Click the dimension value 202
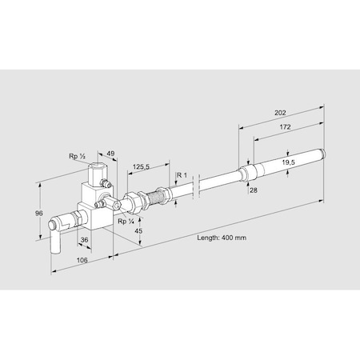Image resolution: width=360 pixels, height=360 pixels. pos(281,113)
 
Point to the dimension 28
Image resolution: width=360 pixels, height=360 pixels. pos(254,190)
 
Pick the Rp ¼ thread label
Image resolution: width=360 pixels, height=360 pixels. pos(125,222)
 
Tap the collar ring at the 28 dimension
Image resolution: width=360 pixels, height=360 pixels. pos(246,173)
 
